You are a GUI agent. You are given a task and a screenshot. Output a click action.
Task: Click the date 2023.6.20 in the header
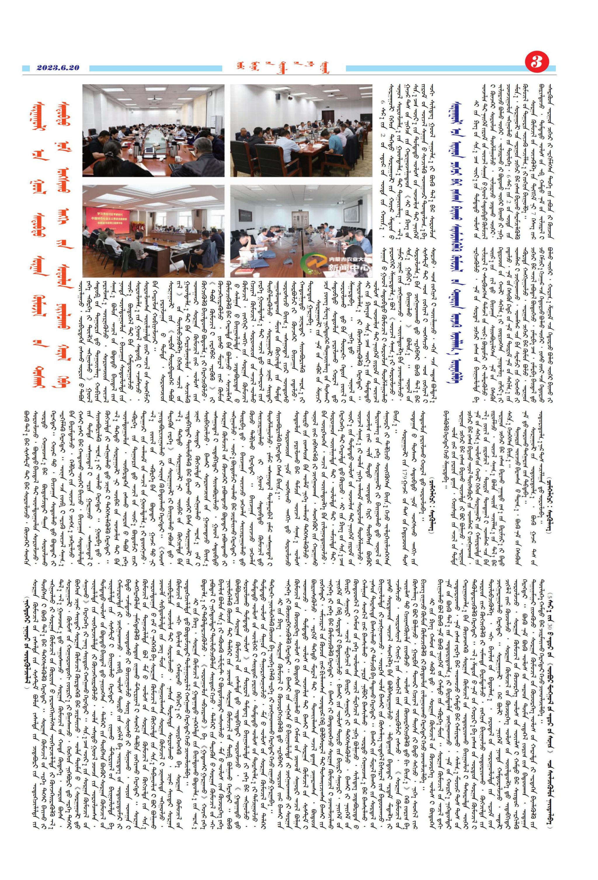click(x=58, y=68)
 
